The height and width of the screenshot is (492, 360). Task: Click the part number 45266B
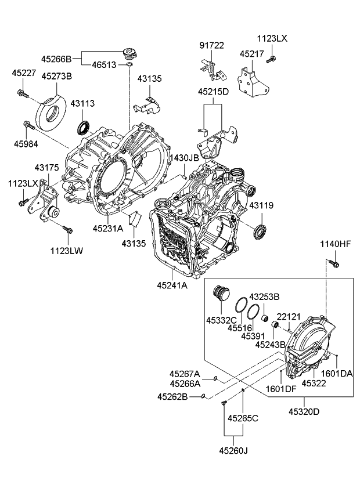(x=56, y=59)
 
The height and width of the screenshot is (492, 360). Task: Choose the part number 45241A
(x=172, y=285)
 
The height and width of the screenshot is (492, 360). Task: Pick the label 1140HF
(x=336, y=245)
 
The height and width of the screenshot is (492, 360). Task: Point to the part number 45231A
(x=107, y=229)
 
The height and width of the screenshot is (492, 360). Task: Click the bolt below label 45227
(x=23, y=93)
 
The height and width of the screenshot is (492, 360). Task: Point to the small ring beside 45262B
(x=203, y=397)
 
